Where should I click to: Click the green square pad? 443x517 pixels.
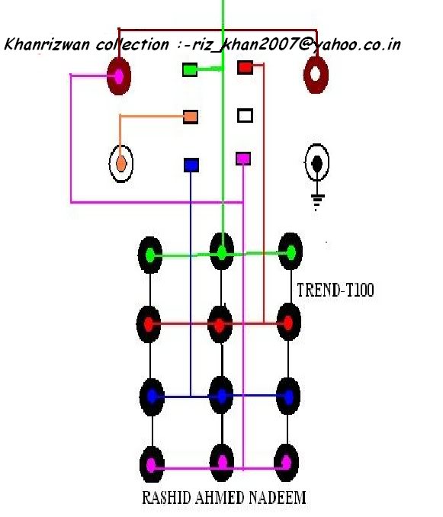coord(190,70)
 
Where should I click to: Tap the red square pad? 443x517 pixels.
coord(246,67)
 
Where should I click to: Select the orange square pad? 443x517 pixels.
coord(191,117)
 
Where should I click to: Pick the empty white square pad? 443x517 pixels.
coord(246,116)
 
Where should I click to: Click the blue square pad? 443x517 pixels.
coord(191,165)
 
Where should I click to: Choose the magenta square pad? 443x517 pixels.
coord(243,159)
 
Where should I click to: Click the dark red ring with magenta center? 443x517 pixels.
coord(119,76)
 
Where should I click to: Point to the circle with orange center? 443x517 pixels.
coord(121,163)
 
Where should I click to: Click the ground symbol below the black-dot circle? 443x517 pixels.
coord(317,202)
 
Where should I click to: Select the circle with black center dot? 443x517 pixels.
coord(317,162)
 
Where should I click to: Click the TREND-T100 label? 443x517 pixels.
coord(335,291)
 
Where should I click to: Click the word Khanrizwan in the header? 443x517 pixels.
coord(47,44)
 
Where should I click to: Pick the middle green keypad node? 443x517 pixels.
coord(222,252)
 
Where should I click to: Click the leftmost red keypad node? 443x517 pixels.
coord(149,324)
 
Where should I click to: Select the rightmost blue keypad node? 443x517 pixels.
coord(288,397)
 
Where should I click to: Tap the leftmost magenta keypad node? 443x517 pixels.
coord(152,465)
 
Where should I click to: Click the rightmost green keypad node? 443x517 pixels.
coord(291,252)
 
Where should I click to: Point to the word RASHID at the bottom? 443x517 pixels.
coord(166,497)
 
